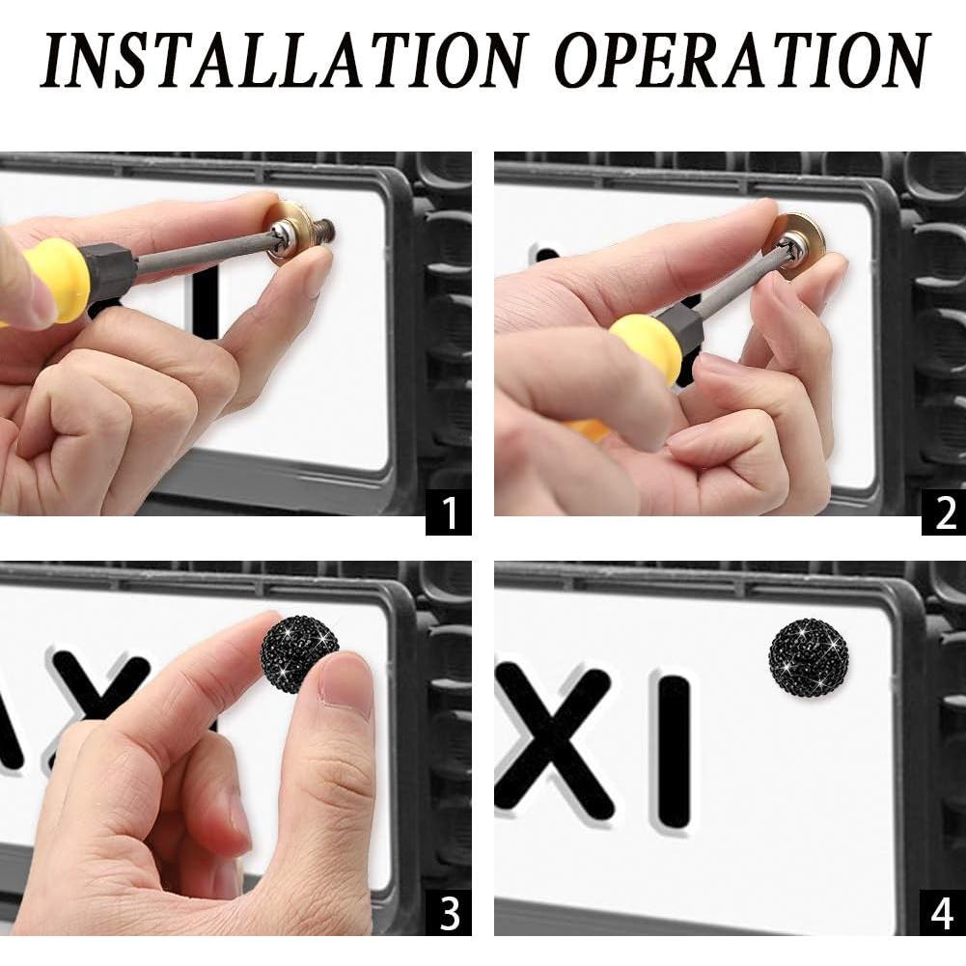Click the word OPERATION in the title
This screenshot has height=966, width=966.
pos(743,60)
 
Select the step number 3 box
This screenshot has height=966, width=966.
pos(449,913)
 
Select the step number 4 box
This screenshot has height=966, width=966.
pos(943,913)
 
